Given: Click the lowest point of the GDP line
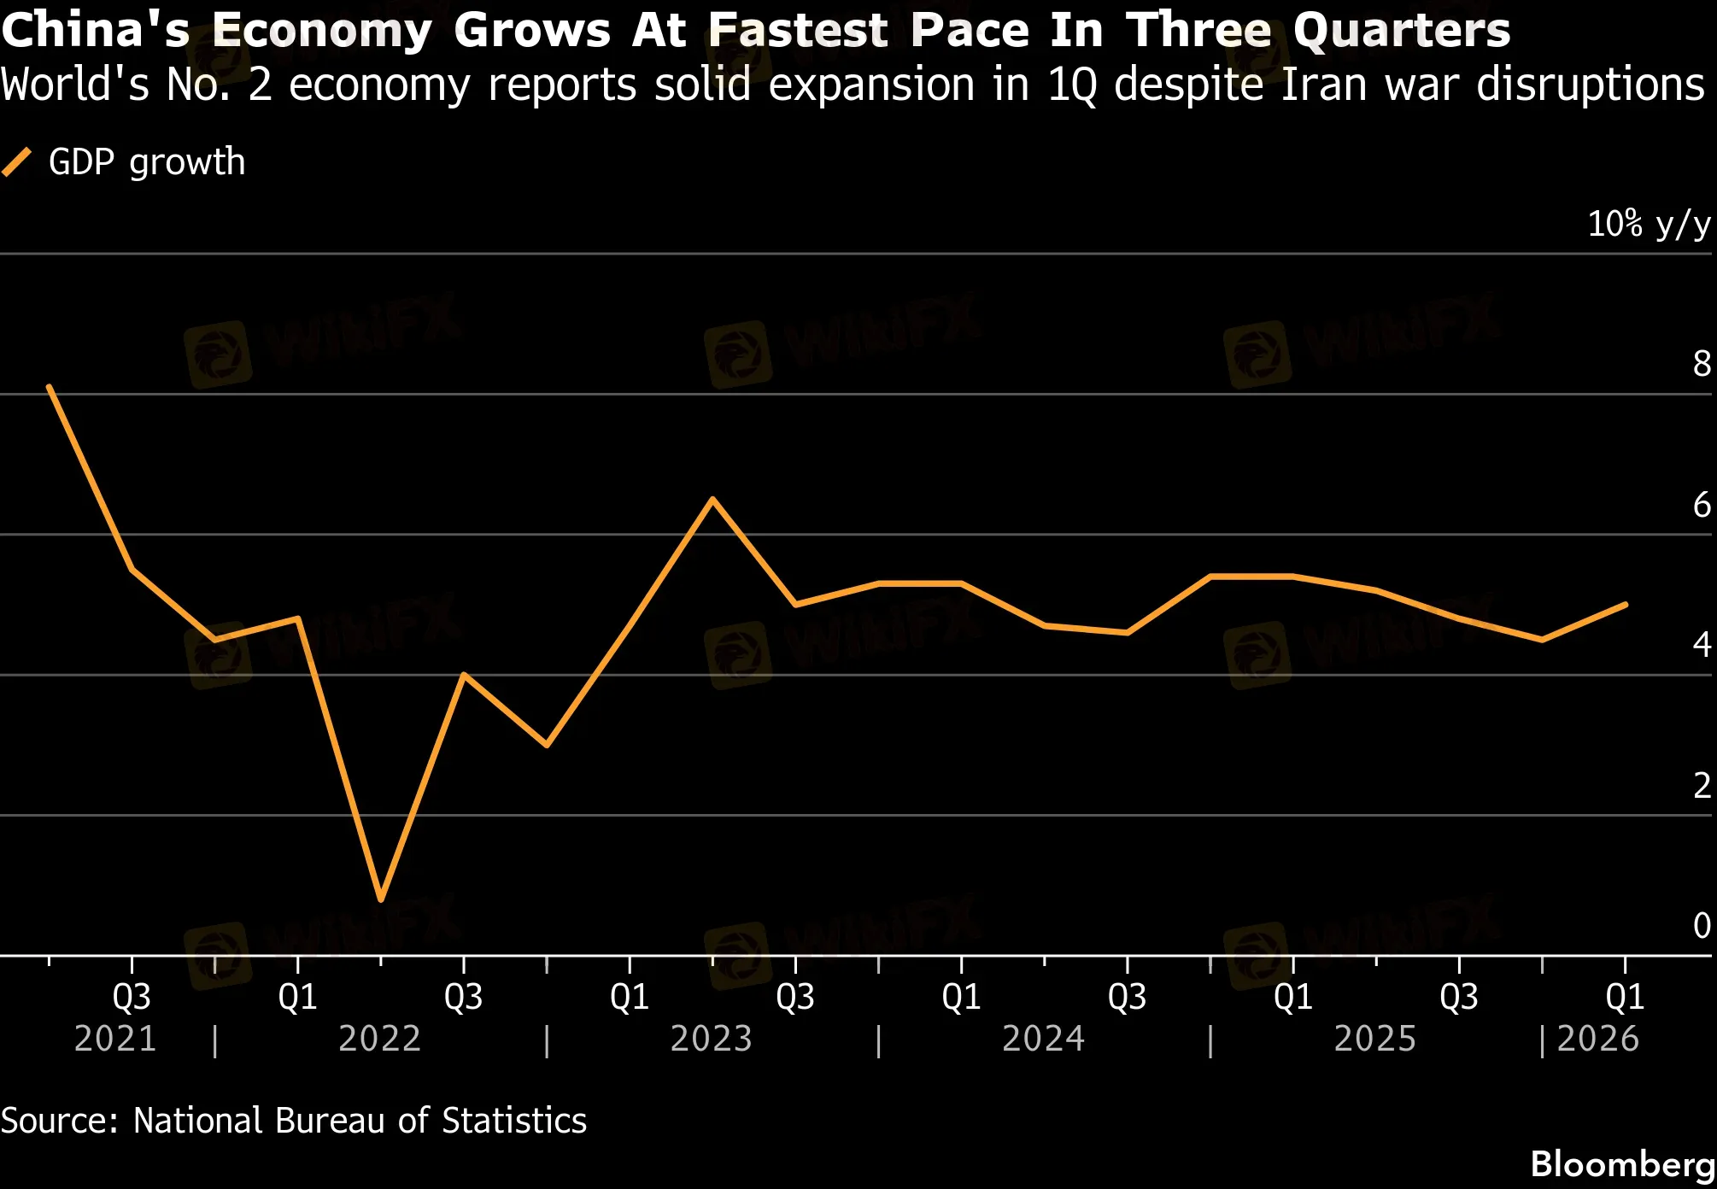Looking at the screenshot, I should click(381, 899).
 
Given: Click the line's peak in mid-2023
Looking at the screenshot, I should click(712, 499).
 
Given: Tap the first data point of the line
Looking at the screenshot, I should click(50, 387).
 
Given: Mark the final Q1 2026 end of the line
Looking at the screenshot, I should click(1625, 605).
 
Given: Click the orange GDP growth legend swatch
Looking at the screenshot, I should click(17, 161).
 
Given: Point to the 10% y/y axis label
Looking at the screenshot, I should click(1648, 224).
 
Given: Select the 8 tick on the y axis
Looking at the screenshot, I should click(1702, 364).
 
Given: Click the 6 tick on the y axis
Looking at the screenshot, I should click(1702, 505).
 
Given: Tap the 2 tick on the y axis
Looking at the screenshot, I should click(1702, 785).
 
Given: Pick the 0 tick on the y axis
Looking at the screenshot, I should click(1702, 926).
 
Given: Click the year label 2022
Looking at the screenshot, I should click(380, 1039).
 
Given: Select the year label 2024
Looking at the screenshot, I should click(1043, 1039).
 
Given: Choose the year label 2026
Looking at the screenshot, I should click(1597, 1039).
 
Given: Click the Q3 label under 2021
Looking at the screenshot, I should click(132, 997).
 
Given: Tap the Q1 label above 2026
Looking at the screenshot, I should click(1625, 997).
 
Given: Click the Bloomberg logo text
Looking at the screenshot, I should click(1622, 1164).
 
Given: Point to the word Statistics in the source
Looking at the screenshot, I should click(514, 1121).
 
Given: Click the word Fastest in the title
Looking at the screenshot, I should click(799, 30).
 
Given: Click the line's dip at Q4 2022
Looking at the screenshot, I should click(547, 745).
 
